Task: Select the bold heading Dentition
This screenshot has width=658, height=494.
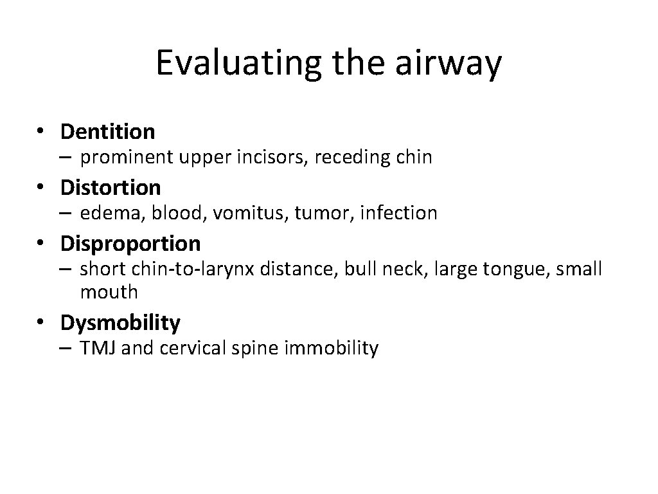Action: click(x=107, y=132)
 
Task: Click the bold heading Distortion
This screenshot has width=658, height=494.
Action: click(x=111, y=188)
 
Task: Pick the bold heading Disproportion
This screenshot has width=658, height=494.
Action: click(x=130, y=244)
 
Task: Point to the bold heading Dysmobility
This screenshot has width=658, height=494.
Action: click(x=120, y=322)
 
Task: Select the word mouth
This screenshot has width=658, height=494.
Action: click(x=109, y=291)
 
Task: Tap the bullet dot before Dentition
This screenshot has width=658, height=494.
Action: click(x=40, y=132)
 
